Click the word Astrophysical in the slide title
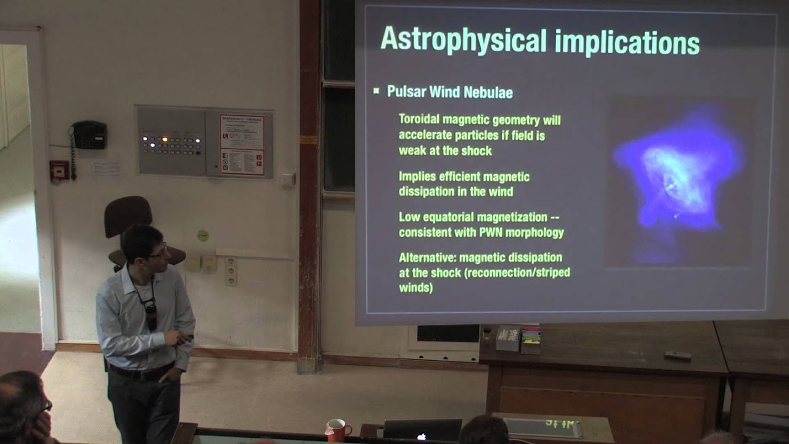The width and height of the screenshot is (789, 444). (463, 40)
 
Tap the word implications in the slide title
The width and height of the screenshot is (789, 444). (627, 42)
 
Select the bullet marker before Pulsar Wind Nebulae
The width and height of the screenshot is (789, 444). (376, 91)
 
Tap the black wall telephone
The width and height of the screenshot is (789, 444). (89, 135)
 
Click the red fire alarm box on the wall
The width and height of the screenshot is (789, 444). (59, 170)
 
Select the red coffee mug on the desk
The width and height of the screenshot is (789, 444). (337, 429)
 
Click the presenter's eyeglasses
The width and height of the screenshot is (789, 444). (158, 252)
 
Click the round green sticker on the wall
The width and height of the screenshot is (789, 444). (203, 235)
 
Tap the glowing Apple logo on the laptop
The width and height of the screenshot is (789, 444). (422, 437)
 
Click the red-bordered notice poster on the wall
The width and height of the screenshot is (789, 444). (242, 144)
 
